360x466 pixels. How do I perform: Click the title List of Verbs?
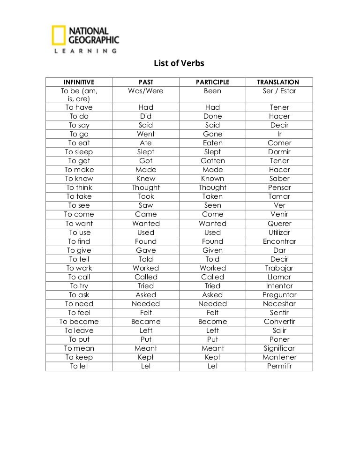[180, 63]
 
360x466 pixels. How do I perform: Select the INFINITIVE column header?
[79, 82]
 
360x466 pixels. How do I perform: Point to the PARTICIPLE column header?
[212, 82]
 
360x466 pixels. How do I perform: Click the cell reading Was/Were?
[146, 91]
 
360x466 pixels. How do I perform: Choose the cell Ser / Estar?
[279, 91]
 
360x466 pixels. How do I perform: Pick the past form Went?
[146, 134]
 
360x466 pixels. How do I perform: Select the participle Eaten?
[212, 143]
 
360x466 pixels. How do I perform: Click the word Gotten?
[212, 161]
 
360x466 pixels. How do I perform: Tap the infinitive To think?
[79, 188]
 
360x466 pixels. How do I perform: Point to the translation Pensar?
[279, 188]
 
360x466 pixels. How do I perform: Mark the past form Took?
[146, 196]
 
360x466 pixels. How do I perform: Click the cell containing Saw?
[146, 205]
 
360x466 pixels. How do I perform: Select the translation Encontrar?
[279, 241]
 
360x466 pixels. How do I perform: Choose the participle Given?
[212, 250]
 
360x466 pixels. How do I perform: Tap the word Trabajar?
[279, 268]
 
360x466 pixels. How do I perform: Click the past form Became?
[146, 322]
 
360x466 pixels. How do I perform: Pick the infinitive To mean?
[79, 348]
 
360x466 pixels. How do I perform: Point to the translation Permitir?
[279, 366]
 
